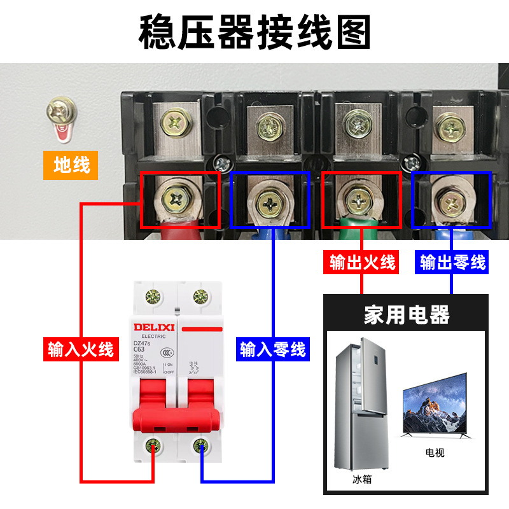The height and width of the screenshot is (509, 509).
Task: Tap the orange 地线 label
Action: click(71, 165)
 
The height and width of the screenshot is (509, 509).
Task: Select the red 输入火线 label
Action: click(80, 349)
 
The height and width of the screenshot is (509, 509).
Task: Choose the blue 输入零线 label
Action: click(272, 349)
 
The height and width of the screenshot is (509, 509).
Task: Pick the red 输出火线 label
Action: click(362, 261)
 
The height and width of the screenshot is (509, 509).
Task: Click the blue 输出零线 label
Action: click(452, 261)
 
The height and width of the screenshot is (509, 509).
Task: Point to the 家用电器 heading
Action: click(407, 314)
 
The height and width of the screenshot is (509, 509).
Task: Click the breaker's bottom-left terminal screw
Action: click(153, 445)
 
